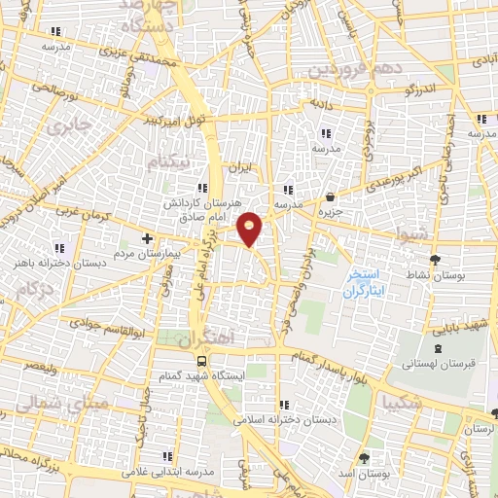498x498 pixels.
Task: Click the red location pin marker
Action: (x=251, y=229)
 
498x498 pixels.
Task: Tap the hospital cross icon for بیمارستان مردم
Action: (x=147, y=237)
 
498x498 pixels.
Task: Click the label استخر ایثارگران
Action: (x=367, y=283)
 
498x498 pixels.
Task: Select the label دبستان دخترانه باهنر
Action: (x=59, y=262)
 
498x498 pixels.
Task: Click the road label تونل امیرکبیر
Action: (x=175, y=121)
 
